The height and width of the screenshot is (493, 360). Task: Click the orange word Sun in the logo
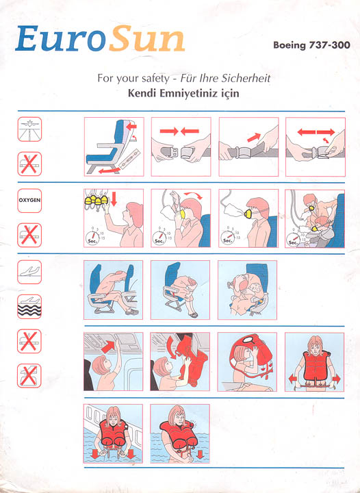(x=147, y=38)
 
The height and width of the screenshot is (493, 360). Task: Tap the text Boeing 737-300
(x=311, y=45)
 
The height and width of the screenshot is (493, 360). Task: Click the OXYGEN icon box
(x=29, y=201)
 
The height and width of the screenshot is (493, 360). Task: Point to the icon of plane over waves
(x=29, y=307)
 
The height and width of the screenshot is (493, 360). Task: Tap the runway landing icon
(x=29, y=129)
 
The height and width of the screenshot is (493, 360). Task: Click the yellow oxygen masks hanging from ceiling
(x=96, y=200)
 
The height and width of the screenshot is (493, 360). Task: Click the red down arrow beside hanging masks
(x=114, y=200)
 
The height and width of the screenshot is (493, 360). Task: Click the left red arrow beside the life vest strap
(x=292, y=379)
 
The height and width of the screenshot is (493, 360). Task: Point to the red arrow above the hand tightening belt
(x=254, y=138)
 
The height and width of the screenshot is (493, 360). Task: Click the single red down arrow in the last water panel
(x=199, y=455)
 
